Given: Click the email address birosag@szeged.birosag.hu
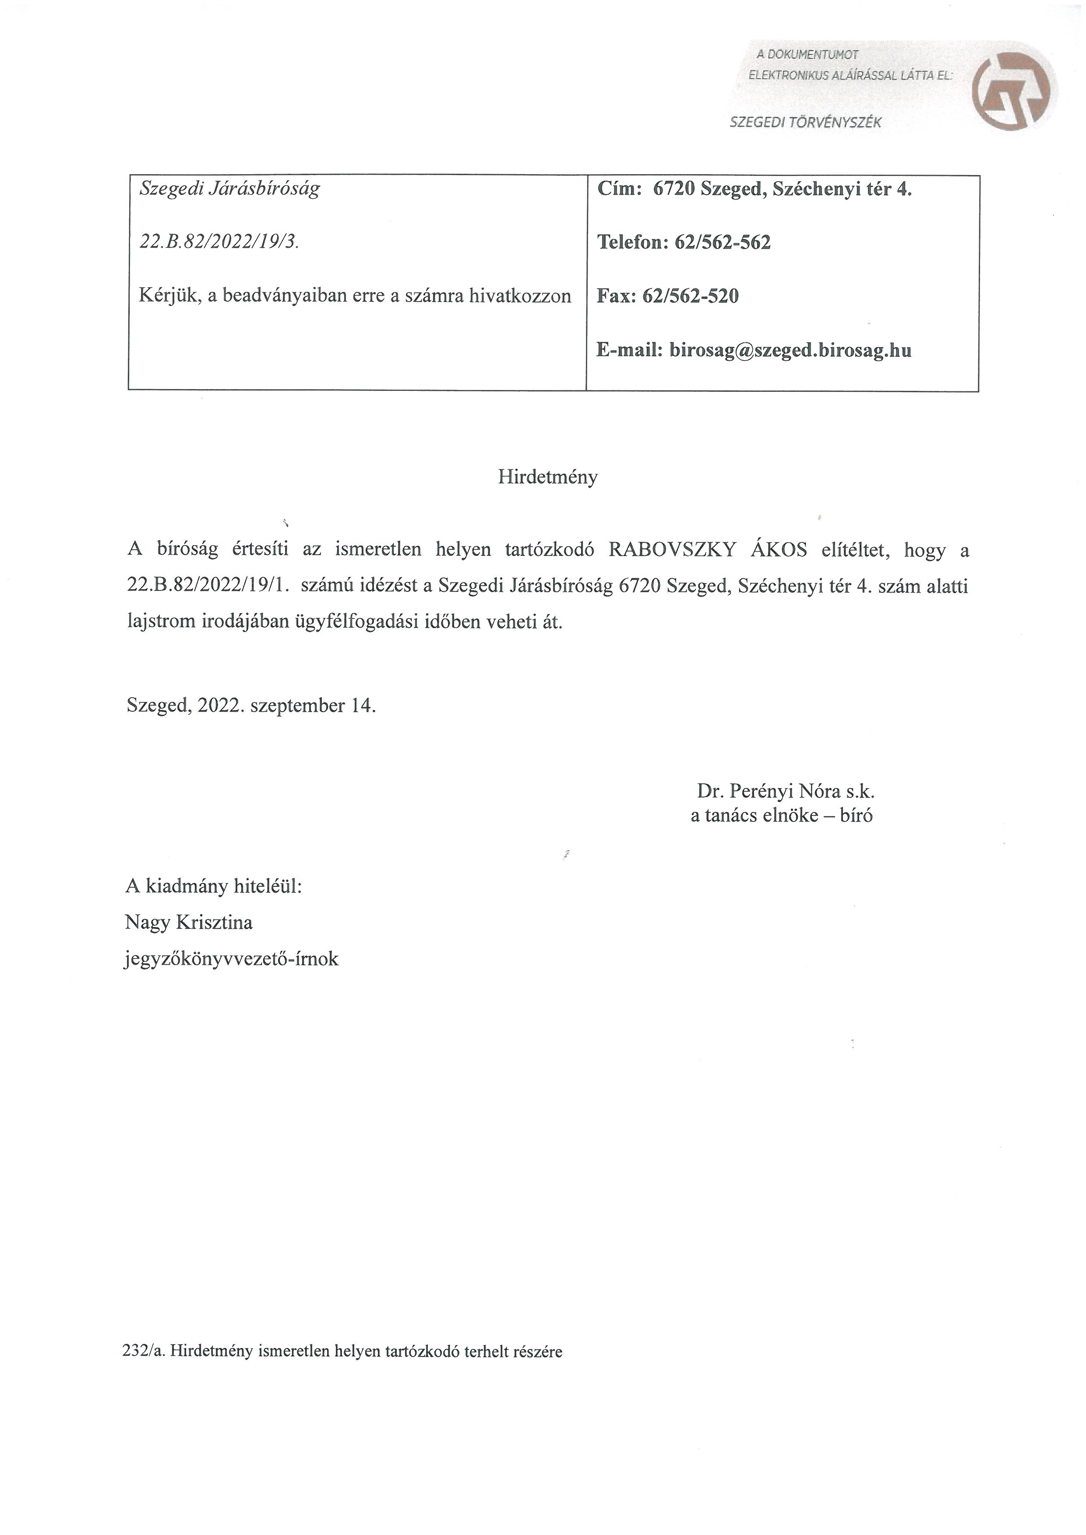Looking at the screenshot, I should coord(790,350).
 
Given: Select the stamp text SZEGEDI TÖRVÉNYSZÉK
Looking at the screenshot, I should coord(805,123).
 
